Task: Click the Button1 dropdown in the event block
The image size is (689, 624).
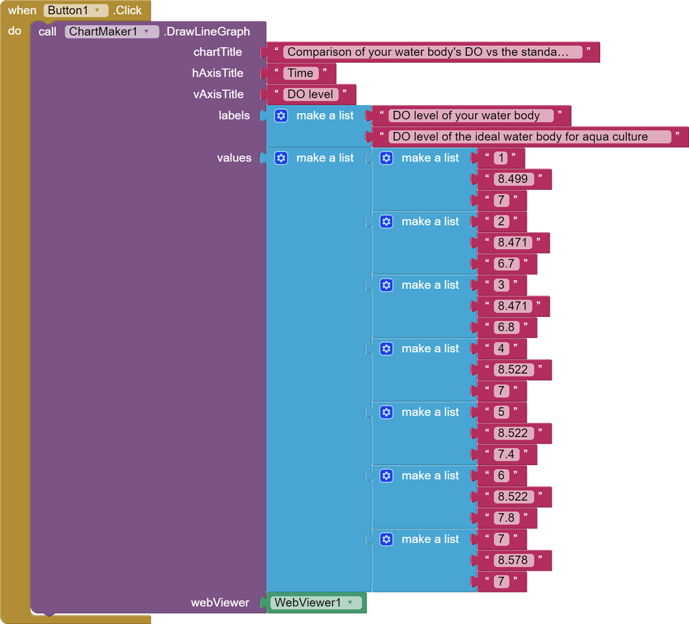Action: [x=75, y=10]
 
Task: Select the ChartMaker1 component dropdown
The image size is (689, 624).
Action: [x=112, y=32]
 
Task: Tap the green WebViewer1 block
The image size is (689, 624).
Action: [x=316, y=602]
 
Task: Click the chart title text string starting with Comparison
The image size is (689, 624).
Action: [x=433, y=53]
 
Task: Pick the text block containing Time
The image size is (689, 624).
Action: [x=301, y=73]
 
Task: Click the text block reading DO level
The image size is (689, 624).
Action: [x=311, y=94]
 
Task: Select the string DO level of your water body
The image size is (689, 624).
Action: [x=471, y=116]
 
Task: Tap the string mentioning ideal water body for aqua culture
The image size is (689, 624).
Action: [x=530, y=137]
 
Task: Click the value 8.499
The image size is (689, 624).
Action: [x=513, y=179]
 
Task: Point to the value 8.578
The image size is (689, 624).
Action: [x=513, y=560]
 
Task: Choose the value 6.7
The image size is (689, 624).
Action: [x=507, y=264]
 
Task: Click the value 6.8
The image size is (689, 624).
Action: [x=507, y=327]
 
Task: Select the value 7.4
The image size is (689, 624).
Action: [x=507, y=454]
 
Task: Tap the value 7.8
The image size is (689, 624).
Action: [x=507, y=518]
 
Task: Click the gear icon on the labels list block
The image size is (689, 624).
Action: [x=281, y=116]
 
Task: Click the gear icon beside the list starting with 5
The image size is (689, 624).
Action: [x=387, y=412]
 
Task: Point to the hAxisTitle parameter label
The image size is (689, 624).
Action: [x=217, y=73]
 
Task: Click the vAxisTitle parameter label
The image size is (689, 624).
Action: [x=219, y=94]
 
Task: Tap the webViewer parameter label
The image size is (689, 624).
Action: [x=220, y=603]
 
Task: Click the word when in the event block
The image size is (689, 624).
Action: [x=22, y=11]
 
